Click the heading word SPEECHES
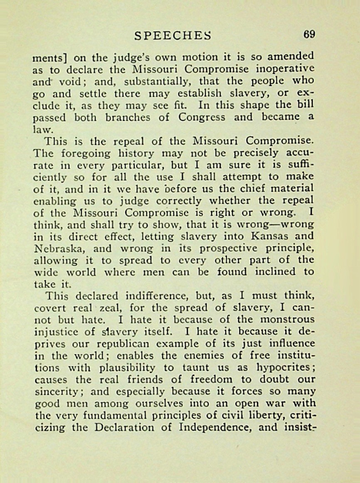173,36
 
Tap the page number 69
309,34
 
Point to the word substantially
166,81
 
